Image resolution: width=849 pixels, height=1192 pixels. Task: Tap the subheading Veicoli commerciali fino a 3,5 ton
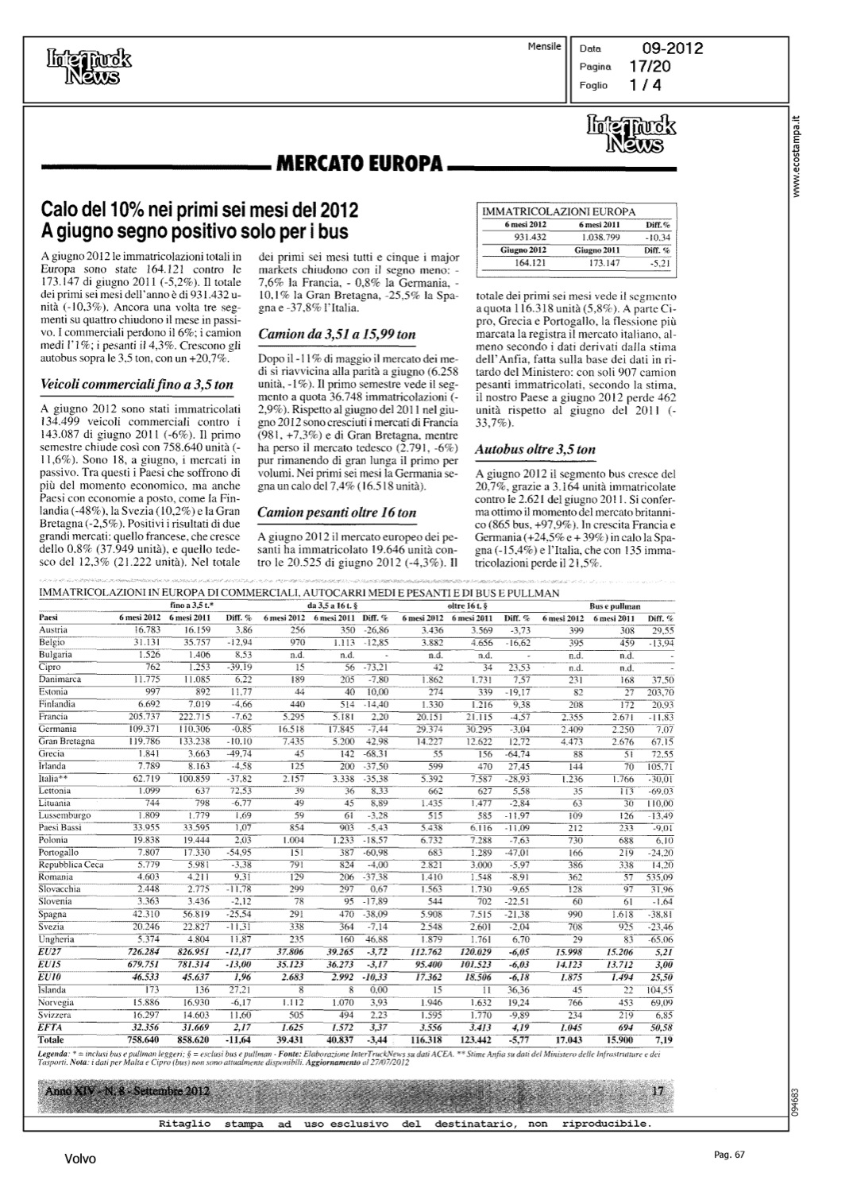(x=136, y=385)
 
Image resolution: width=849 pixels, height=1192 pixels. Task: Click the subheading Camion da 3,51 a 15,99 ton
(x=337, y=335)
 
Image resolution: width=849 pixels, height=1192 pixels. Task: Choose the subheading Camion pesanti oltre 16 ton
(x=337, y=513)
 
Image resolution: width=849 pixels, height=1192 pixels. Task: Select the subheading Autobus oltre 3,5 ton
(x=534, y=449)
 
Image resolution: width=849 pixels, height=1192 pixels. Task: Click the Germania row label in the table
(x=57, y=730)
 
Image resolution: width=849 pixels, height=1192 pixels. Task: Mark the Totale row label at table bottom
(x=52, y=1039)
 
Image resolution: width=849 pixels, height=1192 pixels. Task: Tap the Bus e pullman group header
(x=627, y=606)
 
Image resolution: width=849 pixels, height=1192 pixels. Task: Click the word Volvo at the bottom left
(x=80, y=1159)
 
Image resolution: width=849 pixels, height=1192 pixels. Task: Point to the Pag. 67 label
(x=727, y=1155)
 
